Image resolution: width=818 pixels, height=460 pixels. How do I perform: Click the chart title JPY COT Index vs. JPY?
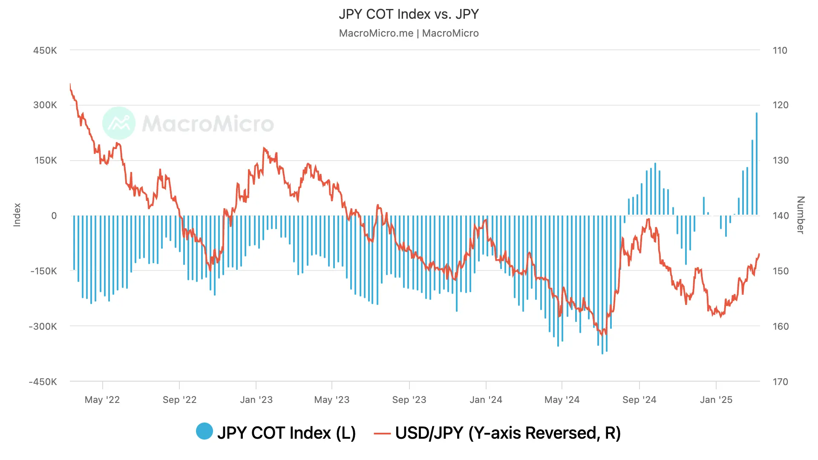click(x=409, y=14)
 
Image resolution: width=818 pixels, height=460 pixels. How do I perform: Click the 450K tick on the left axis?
click(x=45, y=50)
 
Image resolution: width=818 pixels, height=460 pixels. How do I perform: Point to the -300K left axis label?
click(x=43, y=327)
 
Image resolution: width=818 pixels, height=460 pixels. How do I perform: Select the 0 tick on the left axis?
click(x=54, y=216)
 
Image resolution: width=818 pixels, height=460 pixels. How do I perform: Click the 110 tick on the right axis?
click(x=780, y=50)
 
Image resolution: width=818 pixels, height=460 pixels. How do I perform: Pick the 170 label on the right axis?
click(x=781, y=382)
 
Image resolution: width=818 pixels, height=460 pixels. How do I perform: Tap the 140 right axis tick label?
click(x=781, y=216)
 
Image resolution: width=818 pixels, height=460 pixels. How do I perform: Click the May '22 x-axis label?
click(x=102, y=400)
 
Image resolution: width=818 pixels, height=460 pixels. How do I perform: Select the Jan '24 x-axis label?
click(x=486, y=400)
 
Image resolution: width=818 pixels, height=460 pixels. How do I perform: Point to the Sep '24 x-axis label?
click(x=639, y=400)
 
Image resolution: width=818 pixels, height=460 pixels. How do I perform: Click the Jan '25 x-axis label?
click(x=716, y=400)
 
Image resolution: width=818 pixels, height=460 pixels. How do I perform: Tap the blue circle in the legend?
click(x=204, y=431)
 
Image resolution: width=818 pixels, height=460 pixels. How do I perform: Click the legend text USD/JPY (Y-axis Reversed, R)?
click(x=508, y=433)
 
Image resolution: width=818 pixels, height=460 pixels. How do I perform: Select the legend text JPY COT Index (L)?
click(x=286, y=433)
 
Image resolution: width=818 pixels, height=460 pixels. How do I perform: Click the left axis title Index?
click(x=17, y=215)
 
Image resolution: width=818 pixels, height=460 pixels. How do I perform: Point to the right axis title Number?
click(x=801, y=215)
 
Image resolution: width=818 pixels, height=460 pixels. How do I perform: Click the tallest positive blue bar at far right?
click(x=757, y=164)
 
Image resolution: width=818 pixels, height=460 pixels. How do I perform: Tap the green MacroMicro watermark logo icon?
click(x=119, y=123)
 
